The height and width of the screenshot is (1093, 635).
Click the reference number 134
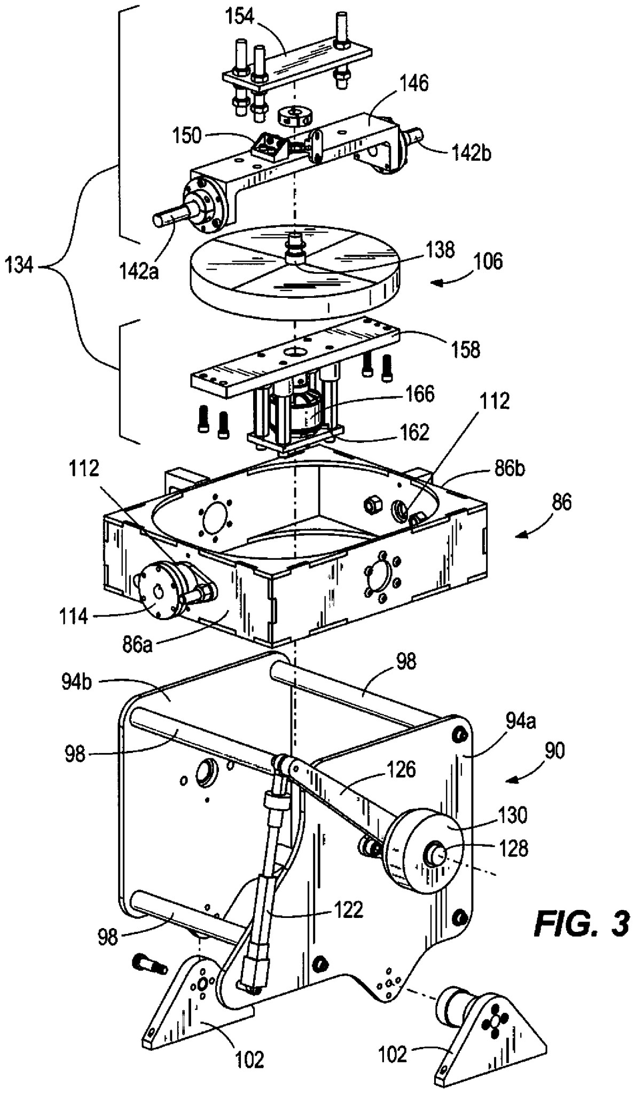[x=19, y=265]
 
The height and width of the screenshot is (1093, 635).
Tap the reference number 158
[x=466, y=350]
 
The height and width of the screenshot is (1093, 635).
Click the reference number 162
[x=414, y=432]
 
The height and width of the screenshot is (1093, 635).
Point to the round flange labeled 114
[x=155, y=595]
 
